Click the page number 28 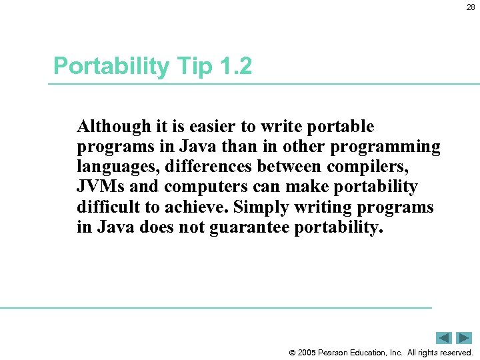click(x=471, y=8)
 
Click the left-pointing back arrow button click(x=444, y=338)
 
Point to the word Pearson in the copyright click(x=338, y=353)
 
